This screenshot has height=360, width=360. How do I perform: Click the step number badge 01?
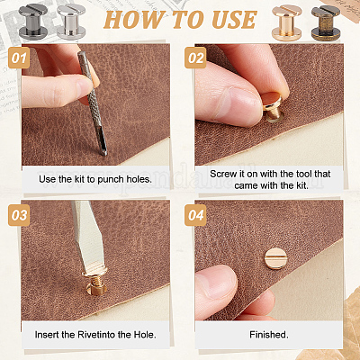point(19,58)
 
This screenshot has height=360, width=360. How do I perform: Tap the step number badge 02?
point(195,58)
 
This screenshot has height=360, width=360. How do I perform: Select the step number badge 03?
point(19,215)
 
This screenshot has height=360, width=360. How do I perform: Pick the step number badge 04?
point(195,215)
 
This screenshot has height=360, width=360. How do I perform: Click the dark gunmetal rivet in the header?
point(33,21)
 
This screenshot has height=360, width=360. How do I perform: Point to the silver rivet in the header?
point(71,22)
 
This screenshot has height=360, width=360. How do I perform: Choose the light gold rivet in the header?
point(287,22)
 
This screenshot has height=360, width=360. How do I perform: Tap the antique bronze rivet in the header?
point(326,22)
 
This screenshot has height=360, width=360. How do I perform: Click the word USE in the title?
point(234,20)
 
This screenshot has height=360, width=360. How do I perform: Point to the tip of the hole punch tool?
point(104,154)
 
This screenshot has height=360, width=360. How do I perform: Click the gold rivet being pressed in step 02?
point(273,107)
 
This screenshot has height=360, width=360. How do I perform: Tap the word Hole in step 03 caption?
point(145,335)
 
